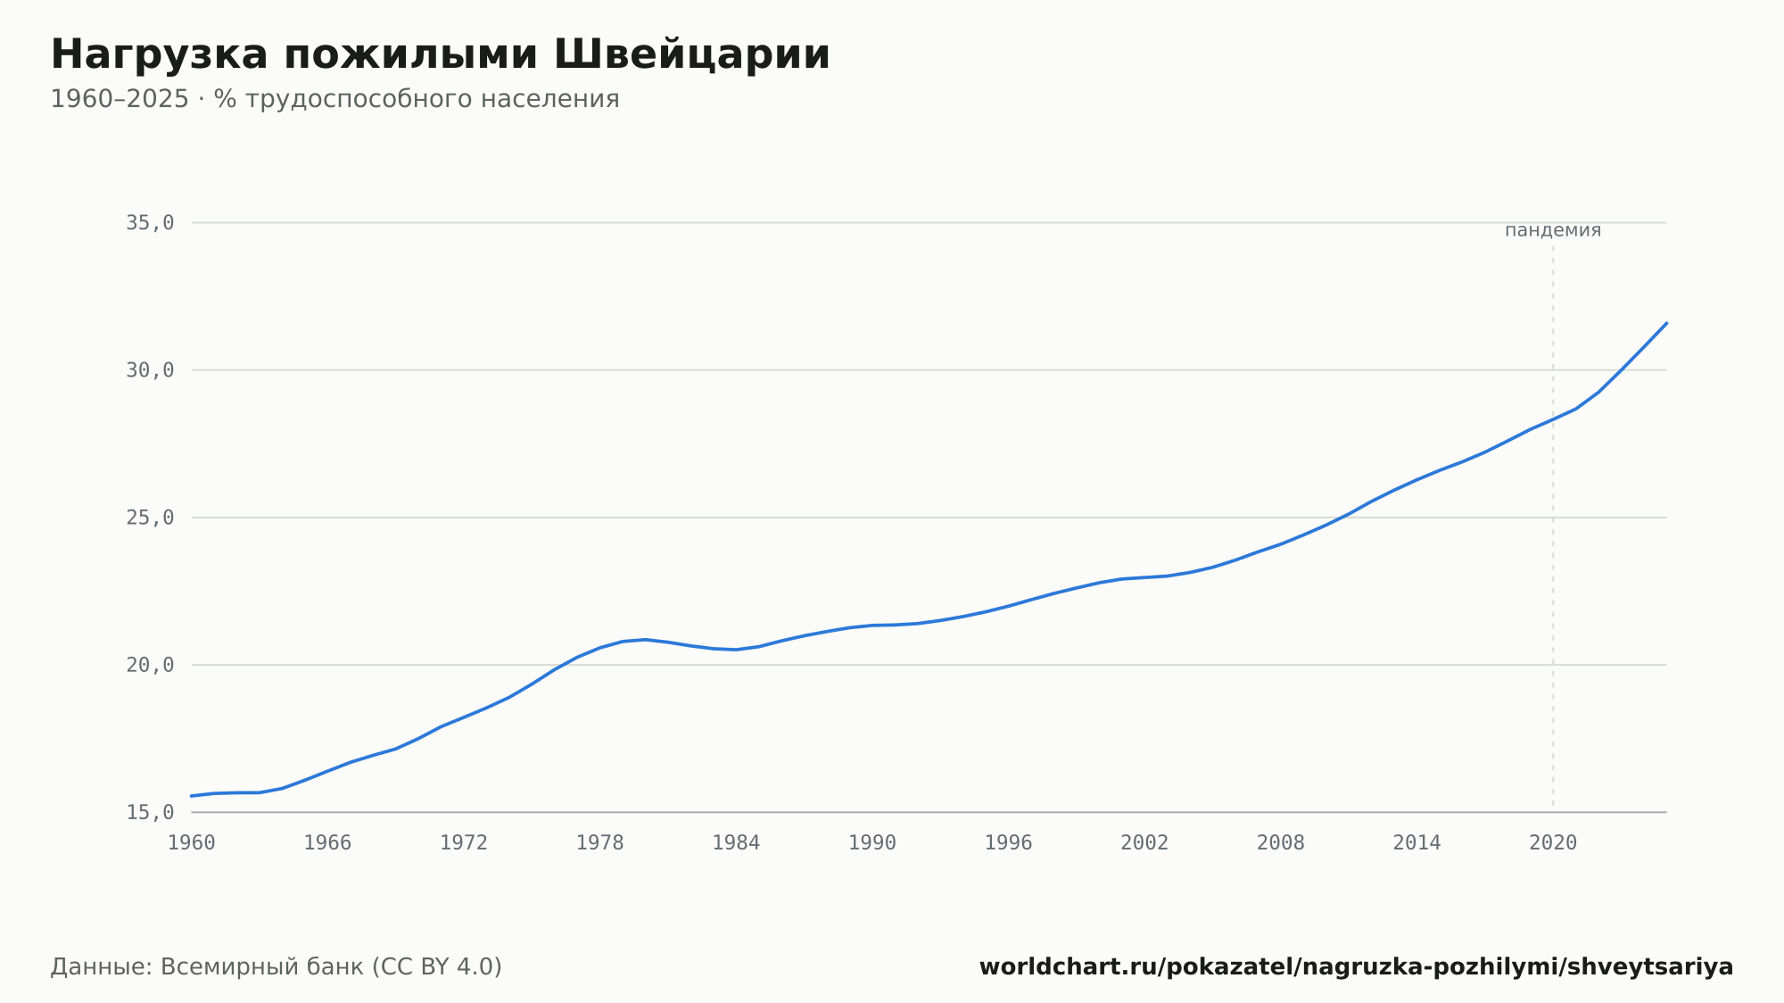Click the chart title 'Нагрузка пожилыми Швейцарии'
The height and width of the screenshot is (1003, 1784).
441,55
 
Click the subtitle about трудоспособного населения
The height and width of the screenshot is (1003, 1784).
334,99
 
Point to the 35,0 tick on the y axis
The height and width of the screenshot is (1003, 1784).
150,223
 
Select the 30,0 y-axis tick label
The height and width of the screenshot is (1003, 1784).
150,370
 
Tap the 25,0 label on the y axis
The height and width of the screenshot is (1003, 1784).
150,518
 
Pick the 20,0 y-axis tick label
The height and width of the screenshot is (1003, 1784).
150,665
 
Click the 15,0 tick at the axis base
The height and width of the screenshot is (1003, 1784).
150,812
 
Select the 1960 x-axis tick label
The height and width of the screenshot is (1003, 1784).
192,843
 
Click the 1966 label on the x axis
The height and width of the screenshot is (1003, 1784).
327,843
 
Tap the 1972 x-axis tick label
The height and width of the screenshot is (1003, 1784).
464,843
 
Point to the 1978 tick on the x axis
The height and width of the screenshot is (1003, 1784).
600,843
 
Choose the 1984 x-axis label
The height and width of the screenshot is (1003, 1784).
736,843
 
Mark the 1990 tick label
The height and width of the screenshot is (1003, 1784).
872,843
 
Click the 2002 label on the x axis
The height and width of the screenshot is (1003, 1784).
1144,843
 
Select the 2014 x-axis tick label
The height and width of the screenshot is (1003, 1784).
1417,843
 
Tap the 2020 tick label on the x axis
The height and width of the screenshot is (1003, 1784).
1553,843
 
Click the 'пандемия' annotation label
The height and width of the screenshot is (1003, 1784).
1553,230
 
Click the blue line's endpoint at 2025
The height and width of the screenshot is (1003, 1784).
1666,323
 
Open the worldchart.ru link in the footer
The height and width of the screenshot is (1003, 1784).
1357,967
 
